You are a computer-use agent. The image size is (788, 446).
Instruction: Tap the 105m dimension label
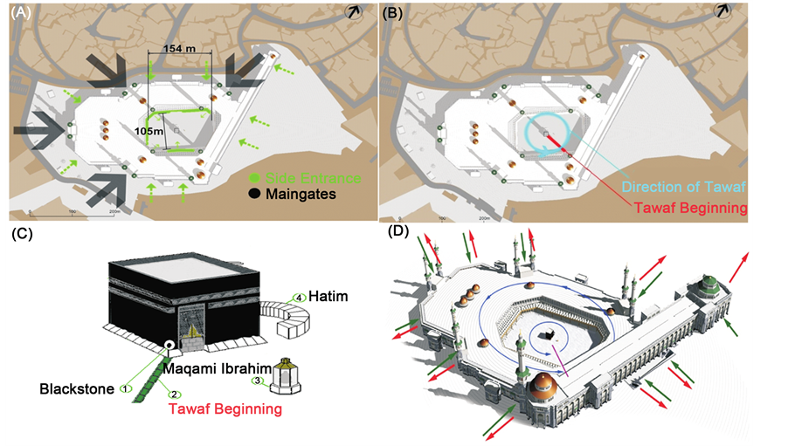coord(149,130)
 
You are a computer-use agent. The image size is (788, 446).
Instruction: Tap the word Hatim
coord(330,298)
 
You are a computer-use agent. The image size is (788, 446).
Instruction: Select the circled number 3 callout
coord(258,381)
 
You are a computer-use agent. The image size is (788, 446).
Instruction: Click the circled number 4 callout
coord(301,297)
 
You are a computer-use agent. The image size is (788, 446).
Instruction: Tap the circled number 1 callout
coord(127,388)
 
